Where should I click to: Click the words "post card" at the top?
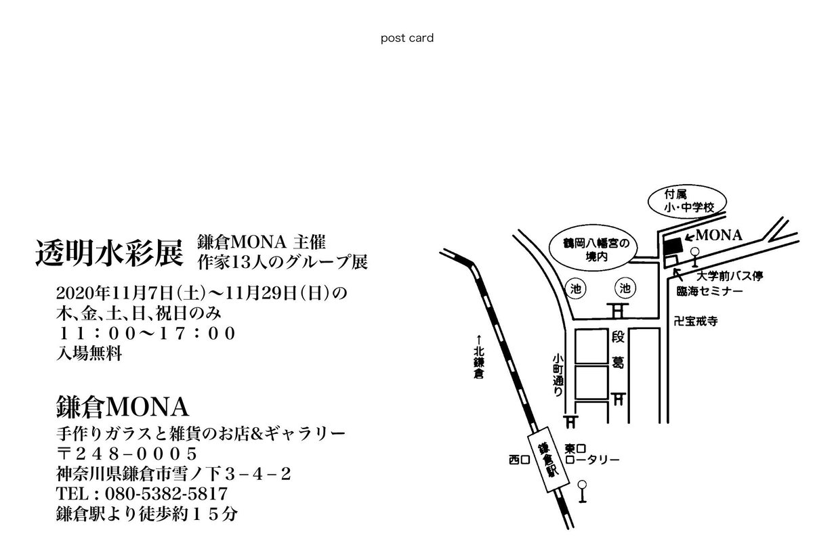click(406, 38)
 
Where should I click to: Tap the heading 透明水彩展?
click(109, 253)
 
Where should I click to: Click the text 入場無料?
click(90, 353)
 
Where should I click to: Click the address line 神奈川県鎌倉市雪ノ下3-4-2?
click(175, 473)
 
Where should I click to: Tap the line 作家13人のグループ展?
click(282, 261)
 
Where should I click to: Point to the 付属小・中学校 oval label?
click(685, 200)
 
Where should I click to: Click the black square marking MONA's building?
click(672, 246)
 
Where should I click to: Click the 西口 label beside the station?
click(518, 460)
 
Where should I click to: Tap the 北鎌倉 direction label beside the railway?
click(479, 359)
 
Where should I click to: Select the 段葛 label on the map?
click(617, 349)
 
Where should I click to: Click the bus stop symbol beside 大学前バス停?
click(694, 257)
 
